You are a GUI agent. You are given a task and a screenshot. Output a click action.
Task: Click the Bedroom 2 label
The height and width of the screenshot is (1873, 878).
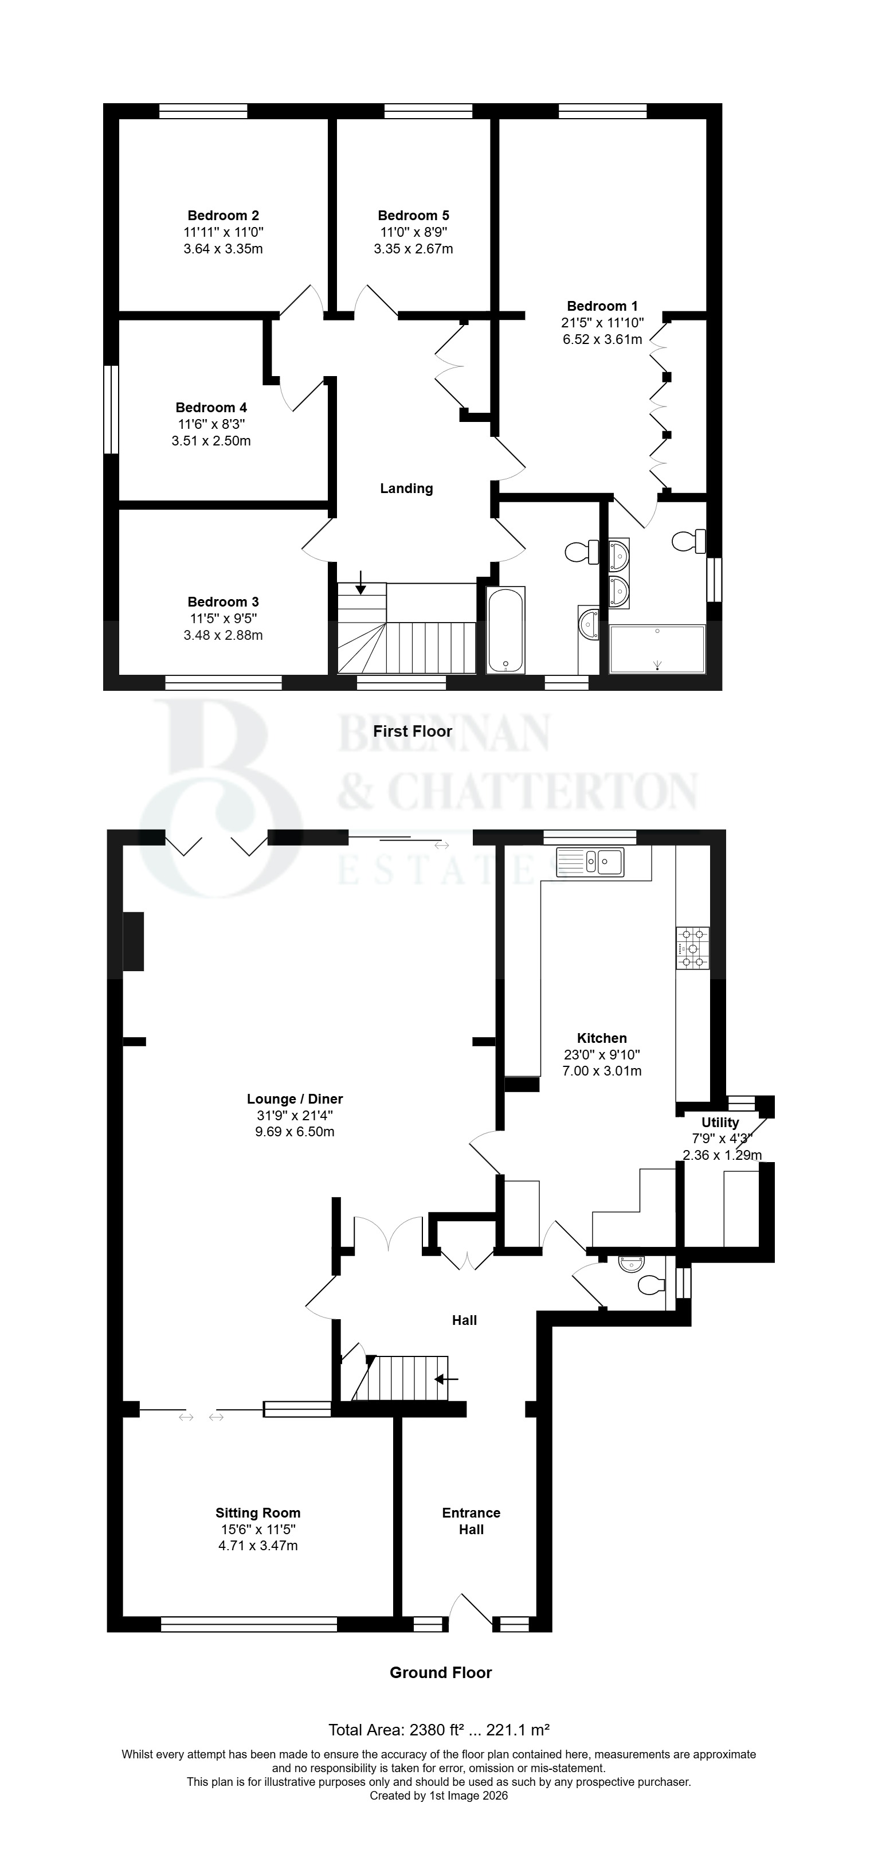coord(223,215)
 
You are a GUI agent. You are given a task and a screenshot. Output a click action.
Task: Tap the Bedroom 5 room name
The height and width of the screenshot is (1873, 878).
coord(414,215)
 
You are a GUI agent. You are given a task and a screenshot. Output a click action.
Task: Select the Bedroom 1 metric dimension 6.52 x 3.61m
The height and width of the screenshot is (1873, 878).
coord(602,339)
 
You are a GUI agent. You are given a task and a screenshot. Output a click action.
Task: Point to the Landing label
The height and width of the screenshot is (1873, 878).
coord(406,488)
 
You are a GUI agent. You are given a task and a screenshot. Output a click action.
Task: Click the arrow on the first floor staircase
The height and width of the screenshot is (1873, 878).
coord(360,582)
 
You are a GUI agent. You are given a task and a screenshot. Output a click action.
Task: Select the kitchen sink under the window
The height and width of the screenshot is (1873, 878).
coord(590,862)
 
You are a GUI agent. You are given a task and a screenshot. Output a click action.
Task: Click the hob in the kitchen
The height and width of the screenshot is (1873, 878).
coord(693,948)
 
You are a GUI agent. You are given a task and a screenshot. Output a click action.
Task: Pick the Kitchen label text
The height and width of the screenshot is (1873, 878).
coord(602,1038)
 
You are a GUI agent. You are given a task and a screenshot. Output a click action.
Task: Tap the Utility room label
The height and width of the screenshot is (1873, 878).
coord(720,1123)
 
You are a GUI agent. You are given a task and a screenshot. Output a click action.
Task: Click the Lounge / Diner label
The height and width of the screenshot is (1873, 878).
coord(295,1100)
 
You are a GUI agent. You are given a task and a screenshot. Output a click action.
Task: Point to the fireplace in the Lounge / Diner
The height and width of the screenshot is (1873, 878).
coord(133,941)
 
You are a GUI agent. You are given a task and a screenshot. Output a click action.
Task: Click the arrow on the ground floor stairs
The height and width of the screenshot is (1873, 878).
coord(446,1379)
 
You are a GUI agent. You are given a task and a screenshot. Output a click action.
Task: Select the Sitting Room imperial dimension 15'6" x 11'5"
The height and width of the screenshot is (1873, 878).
coord(258,1530)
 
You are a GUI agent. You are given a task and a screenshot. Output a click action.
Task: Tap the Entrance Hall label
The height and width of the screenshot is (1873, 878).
coord(471,1521)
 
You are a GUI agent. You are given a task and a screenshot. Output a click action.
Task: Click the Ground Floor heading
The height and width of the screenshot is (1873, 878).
coord(441,1672)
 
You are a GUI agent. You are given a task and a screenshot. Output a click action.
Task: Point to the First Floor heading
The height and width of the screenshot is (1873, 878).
coord(413,732)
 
